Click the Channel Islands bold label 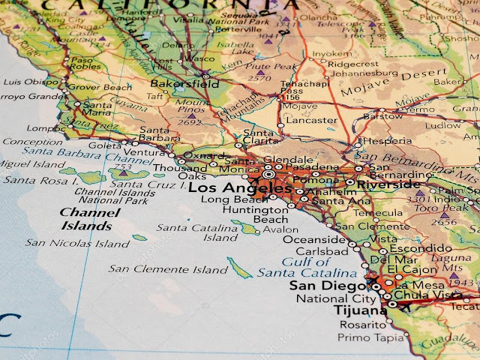(x=86, y=219)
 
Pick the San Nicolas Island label (x=77, y=243)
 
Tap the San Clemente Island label (x=168, y=269)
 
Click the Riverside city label (x=388, y=184)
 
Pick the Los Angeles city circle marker (x=269, y=175)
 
